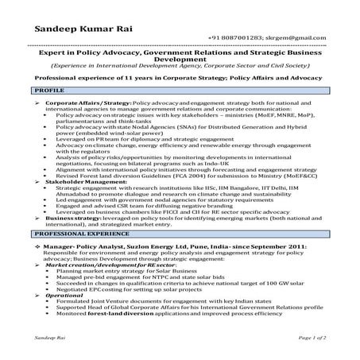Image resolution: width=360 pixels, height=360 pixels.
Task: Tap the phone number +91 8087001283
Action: pos(234,38)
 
